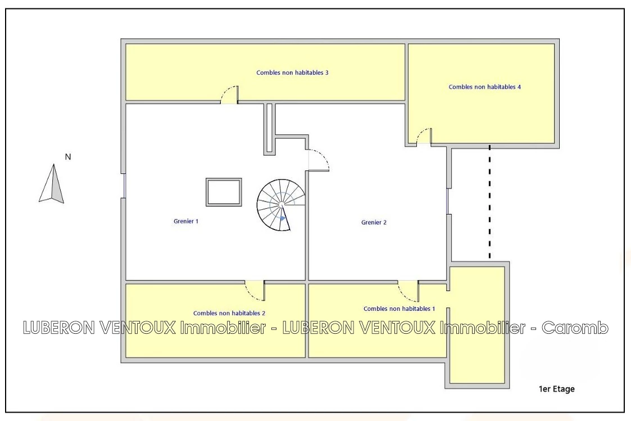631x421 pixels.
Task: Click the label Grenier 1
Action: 186,221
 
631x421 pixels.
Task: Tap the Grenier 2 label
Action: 374,222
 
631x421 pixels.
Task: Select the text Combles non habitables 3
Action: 293,73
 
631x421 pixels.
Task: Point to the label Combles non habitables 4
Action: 484,87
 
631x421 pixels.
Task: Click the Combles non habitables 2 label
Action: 229,313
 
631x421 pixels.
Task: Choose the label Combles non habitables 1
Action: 399,308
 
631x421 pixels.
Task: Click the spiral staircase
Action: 282,205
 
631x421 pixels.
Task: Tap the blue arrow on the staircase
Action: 282,218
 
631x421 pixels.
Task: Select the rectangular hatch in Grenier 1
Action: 224,192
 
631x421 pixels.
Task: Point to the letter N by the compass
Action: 68,157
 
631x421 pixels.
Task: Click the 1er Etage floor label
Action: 557,389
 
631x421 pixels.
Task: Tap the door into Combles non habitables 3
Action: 229,95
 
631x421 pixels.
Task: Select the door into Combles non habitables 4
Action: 424,136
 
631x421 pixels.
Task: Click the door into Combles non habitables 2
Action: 255,290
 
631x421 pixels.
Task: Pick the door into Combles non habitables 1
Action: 408,291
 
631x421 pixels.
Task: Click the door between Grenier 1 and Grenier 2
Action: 319,160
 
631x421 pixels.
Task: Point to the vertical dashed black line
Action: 489,201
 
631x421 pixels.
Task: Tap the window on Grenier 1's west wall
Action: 124,186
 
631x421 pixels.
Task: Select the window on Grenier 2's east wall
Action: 448,201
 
